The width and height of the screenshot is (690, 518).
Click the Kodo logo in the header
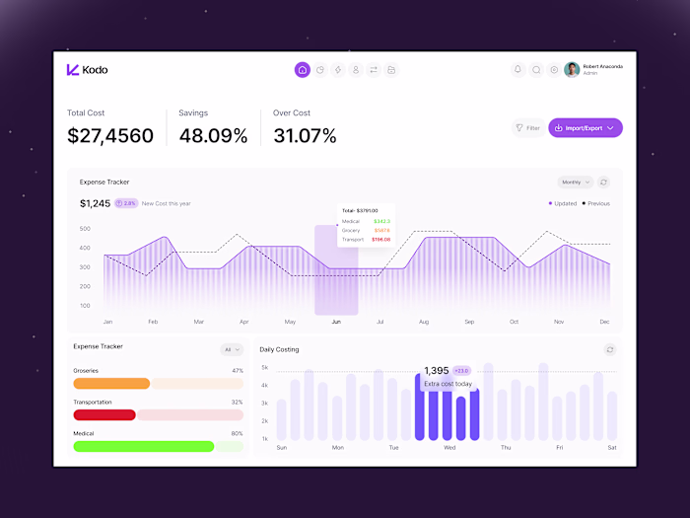(x=87, y=70)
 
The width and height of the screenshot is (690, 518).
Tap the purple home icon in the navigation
(x=302, y=70)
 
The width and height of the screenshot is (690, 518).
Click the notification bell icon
(x=518, y=70)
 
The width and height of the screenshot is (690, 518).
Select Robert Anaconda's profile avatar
(x=572, y=70)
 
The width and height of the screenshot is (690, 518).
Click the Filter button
(x=528, y=127)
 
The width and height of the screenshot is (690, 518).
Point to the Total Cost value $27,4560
(x=110, y=136)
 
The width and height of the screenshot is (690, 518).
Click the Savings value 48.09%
(x=213, y=136)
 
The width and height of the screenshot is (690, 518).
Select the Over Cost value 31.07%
(x=305, y=136)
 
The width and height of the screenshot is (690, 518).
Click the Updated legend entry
(x=564, y=203)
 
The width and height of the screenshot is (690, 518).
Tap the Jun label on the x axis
(x=336, y=322)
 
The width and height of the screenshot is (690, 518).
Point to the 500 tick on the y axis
(x=85, y=229)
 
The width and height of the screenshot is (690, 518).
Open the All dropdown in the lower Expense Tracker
(x=232, y=349)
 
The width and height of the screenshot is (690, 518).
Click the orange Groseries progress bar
(x=111, y=384)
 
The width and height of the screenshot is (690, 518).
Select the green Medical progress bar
(x=143, y=446)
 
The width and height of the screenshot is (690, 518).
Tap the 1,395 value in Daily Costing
(x=437, y=371)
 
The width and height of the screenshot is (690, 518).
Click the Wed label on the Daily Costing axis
(x=449, y=447)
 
